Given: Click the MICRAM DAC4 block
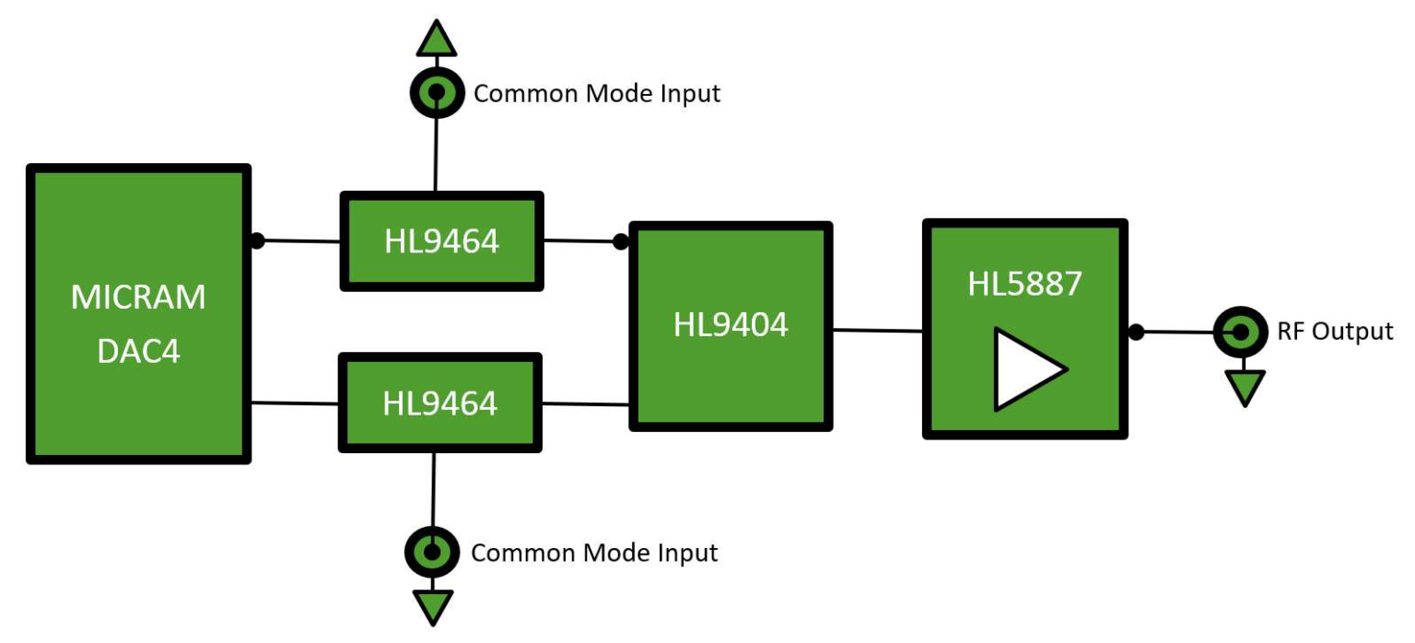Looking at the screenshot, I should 138,313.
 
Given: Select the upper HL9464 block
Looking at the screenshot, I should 441,241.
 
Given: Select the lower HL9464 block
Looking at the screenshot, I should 440,403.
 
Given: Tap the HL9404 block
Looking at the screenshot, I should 731,326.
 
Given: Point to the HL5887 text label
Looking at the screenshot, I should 1024,284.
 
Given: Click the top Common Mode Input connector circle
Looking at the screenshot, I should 435,92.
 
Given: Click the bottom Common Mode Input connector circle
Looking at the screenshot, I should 431,552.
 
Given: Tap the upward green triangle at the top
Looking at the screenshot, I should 436,40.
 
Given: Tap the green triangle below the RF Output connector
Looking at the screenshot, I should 1245,387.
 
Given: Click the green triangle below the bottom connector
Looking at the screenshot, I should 433,607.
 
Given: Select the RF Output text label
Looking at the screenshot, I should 1335,331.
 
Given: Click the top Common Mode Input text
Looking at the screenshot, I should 596,93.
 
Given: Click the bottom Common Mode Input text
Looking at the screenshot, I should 594,553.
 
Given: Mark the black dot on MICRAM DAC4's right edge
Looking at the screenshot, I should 257,240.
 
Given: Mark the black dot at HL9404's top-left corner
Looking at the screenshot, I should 621,241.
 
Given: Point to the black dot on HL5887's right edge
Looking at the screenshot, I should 1137,332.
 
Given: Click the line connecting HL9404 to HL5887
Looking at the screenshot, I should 878,330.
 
